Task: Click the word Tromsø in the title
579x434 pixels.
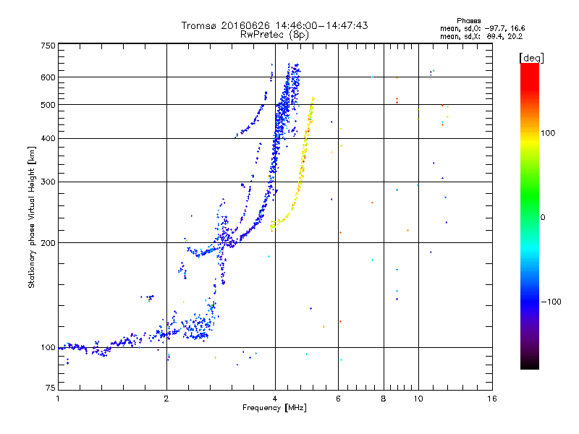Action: [x=199, y=25]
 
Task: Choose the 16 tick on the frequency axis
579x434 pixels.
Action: [x=491, y=399]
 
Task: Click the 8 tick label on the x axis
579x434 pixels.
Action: [x=384, y=399]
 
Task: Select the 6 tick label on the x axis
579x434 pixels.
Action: [x=338, y=399]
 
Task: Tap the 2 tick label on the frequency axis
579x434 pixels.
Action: [x=166, y=399]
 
